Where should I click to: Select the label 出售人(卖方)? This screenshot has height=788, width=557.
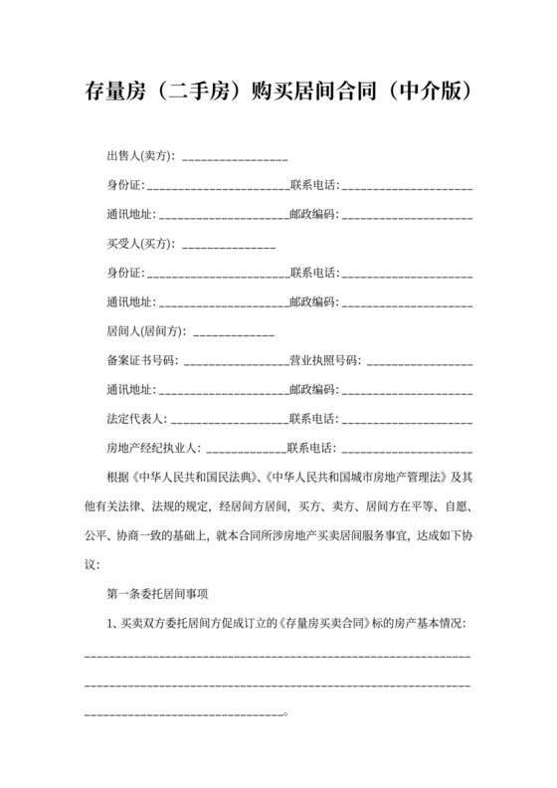[x=139, y=157]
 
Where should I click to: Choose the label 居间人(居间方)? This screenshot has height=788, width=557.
[x=145, y=330]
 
